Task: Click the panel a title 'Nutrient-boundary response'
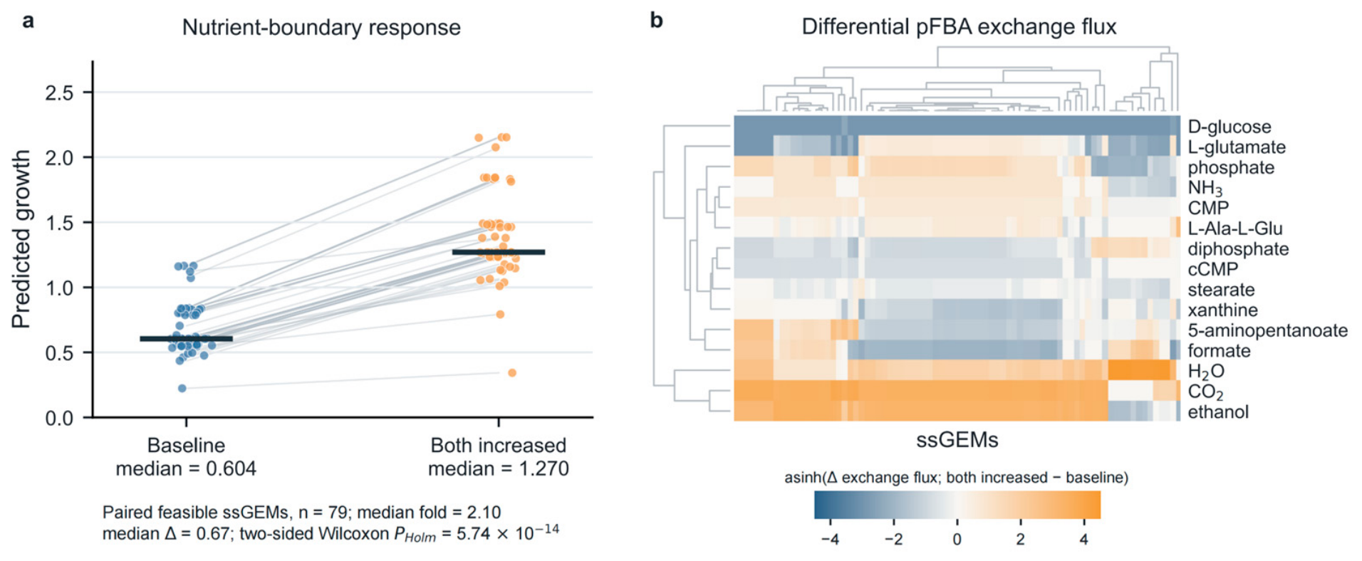tap(321, 28)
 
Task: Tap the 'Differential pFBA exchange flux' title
tap(959, 27)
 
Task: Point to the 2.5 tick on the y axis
tap(59, 93)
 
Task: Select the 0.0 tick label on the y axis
tap(59, 418)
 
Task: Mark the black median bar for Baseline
tap(187, 339)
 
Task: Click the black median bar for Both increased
tap(499, 252)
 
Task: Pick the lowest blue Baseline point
tap(182, 388)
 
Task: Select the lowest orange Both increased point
tap(512, 372)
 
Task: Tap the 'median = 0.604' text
tap(186, 469)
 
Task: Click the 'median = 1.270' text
tap(499, 469)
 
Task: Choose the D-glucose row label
tap(1230, 127)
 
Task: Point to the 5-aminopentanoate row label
tap(1268, 330)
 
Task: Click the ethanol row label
tap(1218, 411)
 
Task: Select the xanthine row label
tap(1222, 310)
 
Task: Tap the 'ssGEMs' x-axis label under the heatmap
tap(957, 440)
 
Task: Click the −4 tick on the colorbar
tap(830, 539)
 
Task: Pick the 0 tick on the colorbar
tap(957, 539)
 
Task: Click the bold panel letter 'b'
tap(657, 20)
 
